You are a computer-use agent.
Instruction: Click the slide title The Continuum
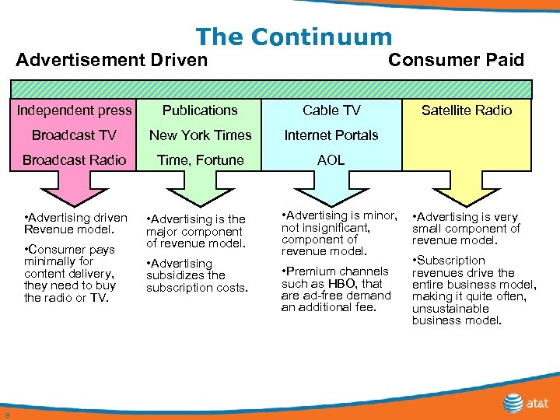point(294,37)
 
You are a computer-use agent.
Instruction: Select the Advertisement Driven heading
point(112,60)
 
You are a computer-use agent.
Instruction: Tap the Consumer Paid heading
point(456,60)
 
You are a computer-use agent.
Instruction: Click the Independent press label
point(75,110)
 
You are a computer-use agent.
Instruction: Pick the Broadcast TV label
point(74,135)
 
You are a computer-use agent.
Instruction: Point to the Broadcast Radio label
point(74,160)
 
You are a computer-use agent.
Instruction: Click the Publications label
point(200,110)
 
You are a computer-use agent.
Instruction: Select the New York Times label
point(200,135)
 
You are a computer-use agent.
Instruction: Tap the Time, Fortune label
point(200,160)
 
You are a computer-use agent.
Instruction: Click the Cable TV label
point(331,110)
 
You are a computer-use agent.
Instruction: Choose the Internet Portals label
point(331,135)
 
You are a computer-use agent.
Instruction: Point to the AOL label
point(331,160)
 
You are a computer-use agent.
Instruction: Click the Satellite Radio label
point(467,110)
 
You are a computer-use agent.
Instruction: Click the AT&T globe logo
point(513,403)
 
